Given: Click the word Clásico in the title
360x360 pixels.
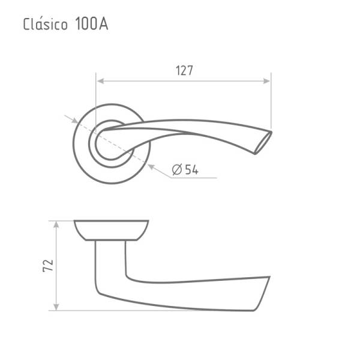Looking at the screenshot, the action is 45,24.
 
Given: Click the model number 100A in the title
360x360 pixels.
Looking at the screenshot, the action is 91,24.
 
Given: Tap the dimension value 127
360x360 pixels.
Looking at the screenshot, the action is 184,70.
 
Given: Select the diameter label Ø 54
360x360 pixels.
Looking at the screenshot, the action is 185,170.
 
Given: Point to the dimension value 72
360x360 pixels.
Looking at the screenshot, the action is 48,266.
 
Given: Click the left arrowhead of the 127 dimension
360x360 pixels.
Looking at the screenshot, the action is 100,81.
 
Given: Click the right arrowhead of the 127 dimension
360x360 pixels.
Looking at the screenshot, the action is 267,81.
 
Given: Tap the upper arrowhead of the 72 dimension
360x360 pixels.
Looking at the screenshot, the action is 56,225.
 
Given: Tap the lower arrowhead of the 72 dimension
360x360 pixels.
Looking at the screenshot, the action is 56,307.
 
